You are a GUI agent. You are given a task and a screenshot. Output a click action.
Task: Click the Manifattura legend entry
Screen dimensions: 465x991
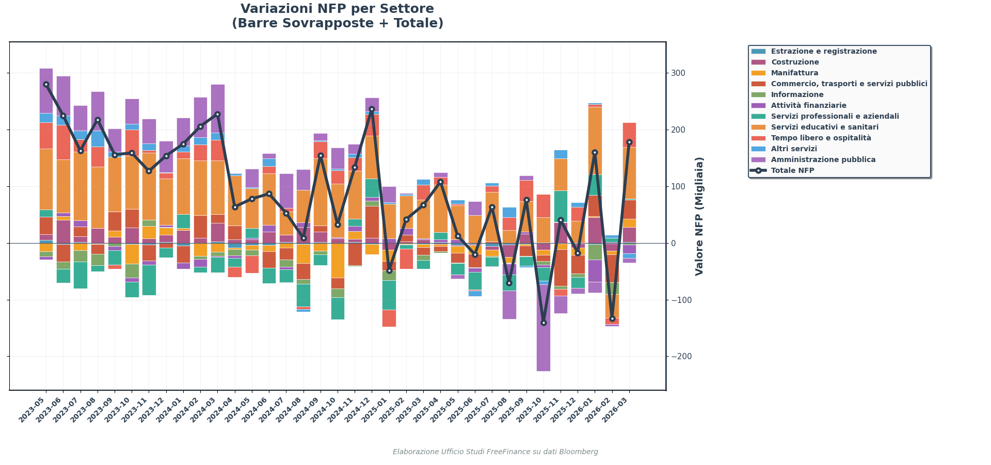[x=794, y=73]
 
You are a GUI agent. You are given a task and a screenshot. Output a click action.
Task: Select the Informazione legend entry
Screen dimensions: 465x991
[x=797, y=95]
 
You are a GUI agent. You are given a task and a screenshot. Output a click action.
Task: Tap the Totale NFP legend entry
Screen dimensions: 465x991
[x=792, y=171]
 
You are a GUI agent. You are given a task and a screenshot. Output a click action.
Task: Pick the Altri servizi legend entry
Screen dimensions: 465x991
[x=794, y=149]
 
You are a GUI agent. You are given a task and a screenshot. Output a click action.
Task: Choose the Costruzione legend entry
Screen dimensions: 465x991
[x=795, y=62]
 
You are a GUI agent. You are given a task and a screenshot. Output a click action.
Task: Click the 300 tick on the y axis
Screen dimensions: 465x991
[x=678, y=73]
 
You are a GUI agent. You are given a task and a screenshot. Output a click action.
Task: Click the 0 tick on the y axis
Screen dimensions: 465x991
[x=673, y=243]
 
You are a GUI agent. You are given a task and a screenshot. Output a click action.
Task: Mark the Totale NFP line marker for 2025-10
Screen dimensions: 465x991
[x=544, y=323]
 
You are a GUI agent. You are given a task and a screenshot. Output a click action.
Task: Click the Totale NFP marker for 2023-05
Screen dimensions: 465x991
[x=46, y=84]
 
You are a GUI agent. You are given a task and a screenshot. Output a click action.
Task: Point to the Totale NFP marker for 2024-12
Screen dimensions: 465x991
[x=372, y=109]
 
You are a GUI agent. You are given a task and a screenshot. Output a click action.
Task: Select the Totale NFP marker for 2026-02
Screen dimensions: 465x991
[x=612, y=318]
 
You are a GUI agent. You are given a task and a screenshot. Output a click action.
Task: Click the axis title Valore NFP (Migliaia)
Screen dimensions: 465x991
[x=699, y=216]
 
